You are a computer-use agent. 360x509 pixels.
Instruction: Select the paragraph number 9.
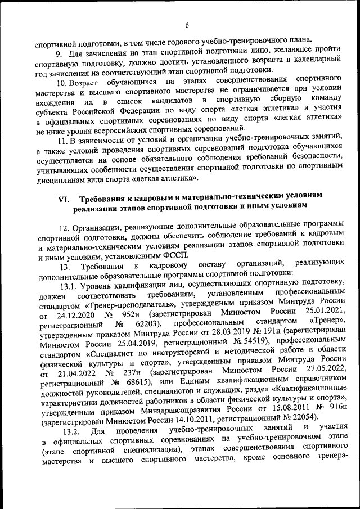(58, 53)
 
